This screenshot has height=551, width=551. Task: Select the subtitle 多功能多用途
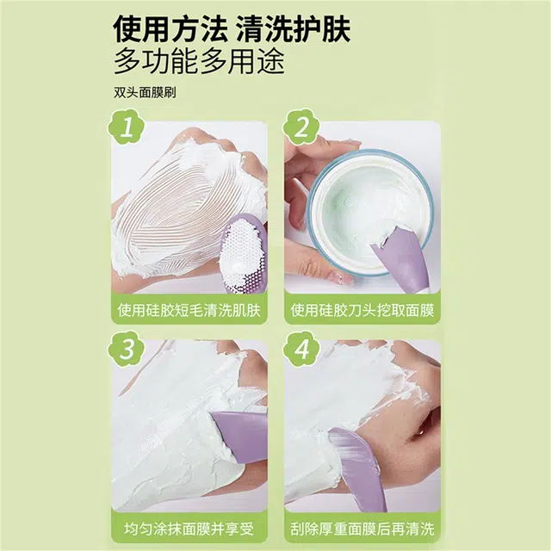199,63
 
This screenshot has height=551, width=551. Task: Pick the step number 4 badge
302,349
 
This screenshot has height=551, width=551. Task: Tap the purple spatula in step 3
237,435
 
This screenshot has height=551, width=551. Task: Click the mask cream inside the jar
362,207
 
